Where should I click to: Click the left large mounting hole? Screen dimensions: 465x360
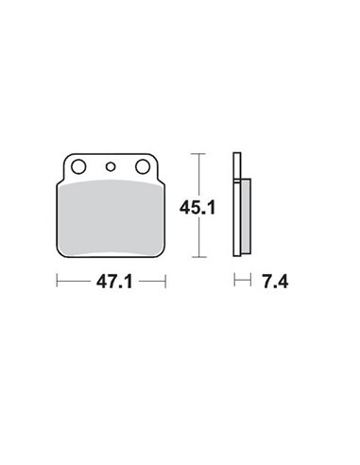(x=80, y=167)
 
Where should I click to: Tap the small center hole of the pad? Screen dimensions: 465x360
(x=111, y=167)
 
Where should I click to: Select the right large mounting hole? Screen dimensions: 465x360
(x=144, y=167)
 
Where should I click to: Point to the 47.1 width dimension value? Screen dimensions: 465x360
(x=111, y=282)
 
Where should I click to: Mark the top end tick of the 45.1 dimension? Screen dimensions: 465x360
(x=197, y=151)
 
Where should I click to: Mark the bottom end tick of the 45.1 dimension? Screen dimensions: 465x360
(x=197, y=257)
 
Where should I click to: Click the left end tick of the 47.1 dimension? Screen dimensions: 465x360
(x=59, y=282)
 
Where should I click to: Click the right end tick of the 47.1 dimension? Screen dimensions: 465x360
(x=165, y=282)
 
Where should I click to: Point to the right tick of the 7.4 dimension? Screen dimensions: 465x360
(x=248, y=282)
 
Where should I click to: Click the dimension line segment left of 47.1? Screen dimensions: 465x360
(x=76, y=282)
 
